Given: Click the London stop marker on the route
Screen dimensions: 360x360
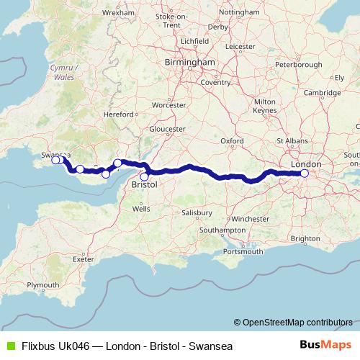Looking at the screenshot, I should point(305,173).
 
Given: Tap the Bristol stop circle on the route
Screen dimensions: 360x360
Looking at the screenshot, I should point(144,176).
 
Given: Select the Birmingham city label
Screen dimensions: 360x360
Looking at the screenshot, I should point(189,63).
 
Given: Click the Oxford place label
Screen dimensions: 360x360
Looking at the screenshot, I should point(233,140).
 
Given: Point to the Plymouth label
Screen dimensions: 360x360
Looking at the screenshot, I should point(42,285).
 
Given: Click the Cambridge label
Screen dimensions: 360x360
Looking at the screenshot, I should point(321,93).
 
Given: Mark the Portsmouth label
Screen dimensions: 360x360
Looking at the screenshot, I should point(243,251).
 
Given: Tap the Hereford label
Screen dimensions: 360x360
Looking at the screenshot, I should point(119,114).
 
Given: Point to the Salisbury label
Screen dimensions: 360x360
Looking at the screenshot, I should point(196,213).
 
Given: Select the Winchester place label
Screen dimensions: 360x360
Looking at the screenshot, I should point(252,217).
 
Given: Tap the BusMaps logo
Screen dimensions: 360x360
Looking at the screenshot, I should point(325,346).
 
